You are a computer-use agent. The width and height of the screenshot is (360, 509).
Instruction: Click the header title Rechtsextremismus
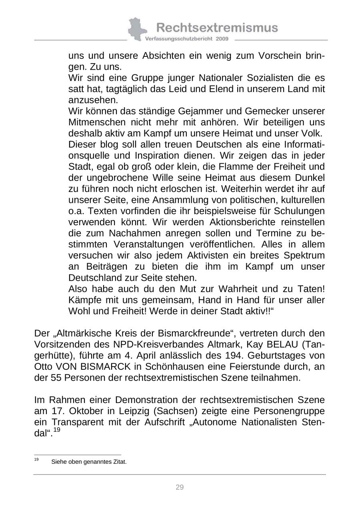pos(217,27)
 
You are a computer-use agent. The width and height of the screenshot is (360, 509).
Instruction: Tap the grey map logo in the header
pos(137,29)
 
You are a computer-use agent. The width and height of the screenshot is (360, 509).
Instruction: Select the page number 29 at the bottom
pos(180,487)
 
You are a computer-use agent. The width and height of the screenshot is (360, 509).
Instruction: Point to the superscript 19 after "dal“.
pos(57,430)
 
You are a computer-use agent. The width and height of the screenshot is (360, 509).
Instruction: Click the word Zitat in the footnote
pos(118,462)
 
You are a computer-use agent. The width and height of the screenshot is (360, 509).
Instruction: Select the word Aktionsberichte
pos(242,222)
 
